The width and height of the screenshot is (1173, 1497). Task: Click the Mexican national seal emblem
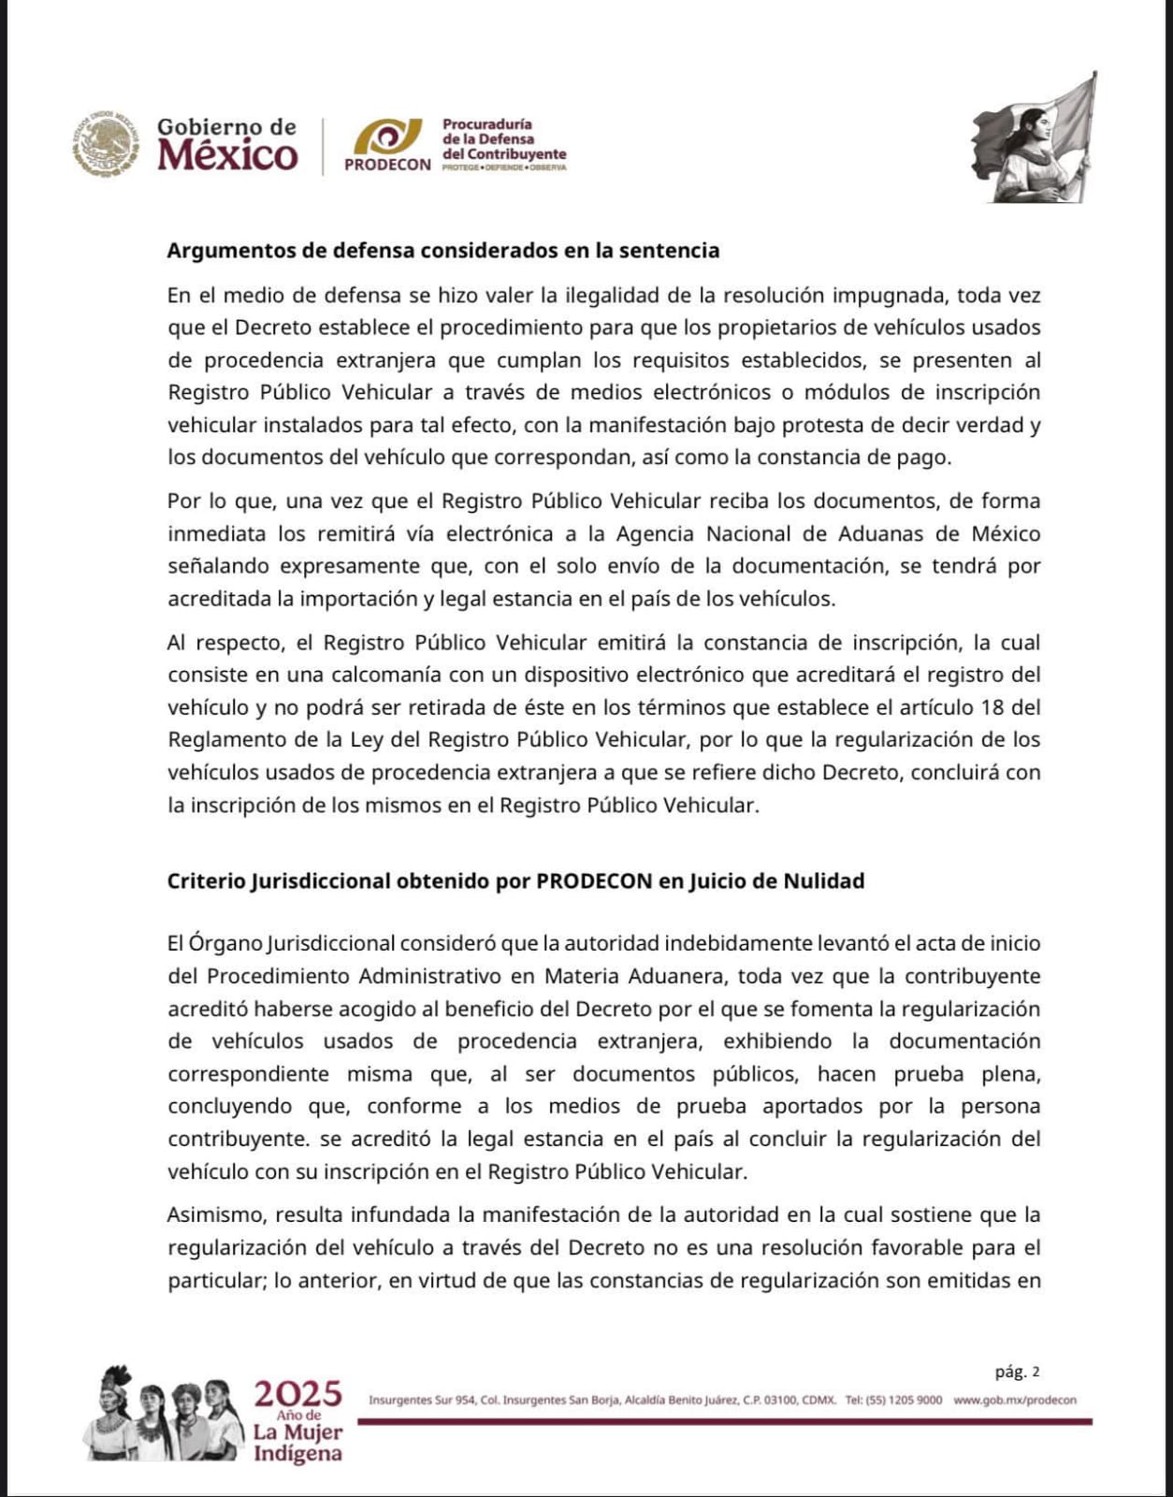click(x=105, y=143)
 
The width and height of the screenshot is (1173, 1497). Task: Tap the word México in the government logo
click(x=227, y=155)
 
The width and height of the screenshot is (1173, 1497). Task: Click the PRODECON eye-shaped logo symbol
click(x=387, y=138)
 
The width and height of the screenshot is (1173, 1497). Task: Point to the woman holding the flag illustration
click(x=1036, y=140)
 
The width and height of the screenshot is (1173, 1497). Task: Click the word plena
click(x=1012, y=1074)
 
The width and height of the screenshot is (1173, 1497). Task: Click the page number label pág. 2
click(x=1017, y=1372)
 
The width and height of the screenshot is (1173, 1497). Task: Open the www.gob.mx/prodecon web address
click(x=1015, y=1401)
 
